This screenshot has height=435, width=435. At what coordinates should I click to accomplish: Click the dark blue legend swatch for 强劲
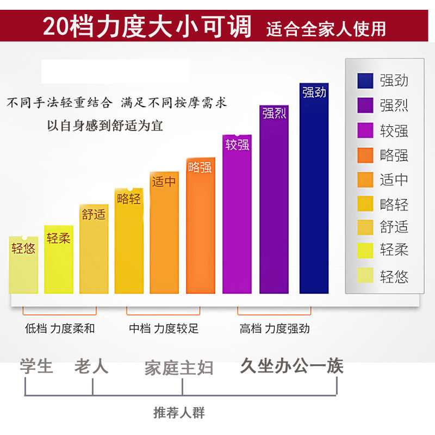pyautogui.click(x=365, y=81)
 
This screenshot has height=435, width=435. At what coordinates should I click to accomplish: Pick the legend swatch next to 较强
pyautogui.click(x=365, y=130)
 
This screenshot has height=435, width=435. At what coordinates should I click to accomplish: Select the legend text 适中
pyautogui.click(x=394, y=179)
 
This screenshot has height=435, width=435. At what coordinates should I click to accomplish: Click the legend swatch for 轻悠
pyautogui.click(x=365, y=276)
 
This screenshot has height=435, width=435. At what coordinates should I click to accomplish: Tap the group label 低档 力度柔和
pyautogui.click(x=60, y=328)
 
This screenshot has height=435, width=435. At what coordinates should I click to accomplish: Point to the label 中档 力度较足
pyautogui.click(x=164, y=328)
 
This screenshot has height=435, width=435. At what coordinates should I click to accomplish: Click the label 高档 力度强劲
pyautogui.click(x=275, y=328)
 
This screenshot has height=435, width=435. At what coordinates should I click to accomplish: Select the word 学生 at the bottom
pyautogui.click(x=36, y=366)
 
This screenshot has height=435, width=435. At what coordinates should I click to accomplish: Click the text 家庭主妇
pyautogui.click(x=179, y=368)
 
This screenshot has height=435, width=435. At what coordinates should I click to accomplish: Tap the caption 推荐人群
pyautogui.click(x=179, y=412)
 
